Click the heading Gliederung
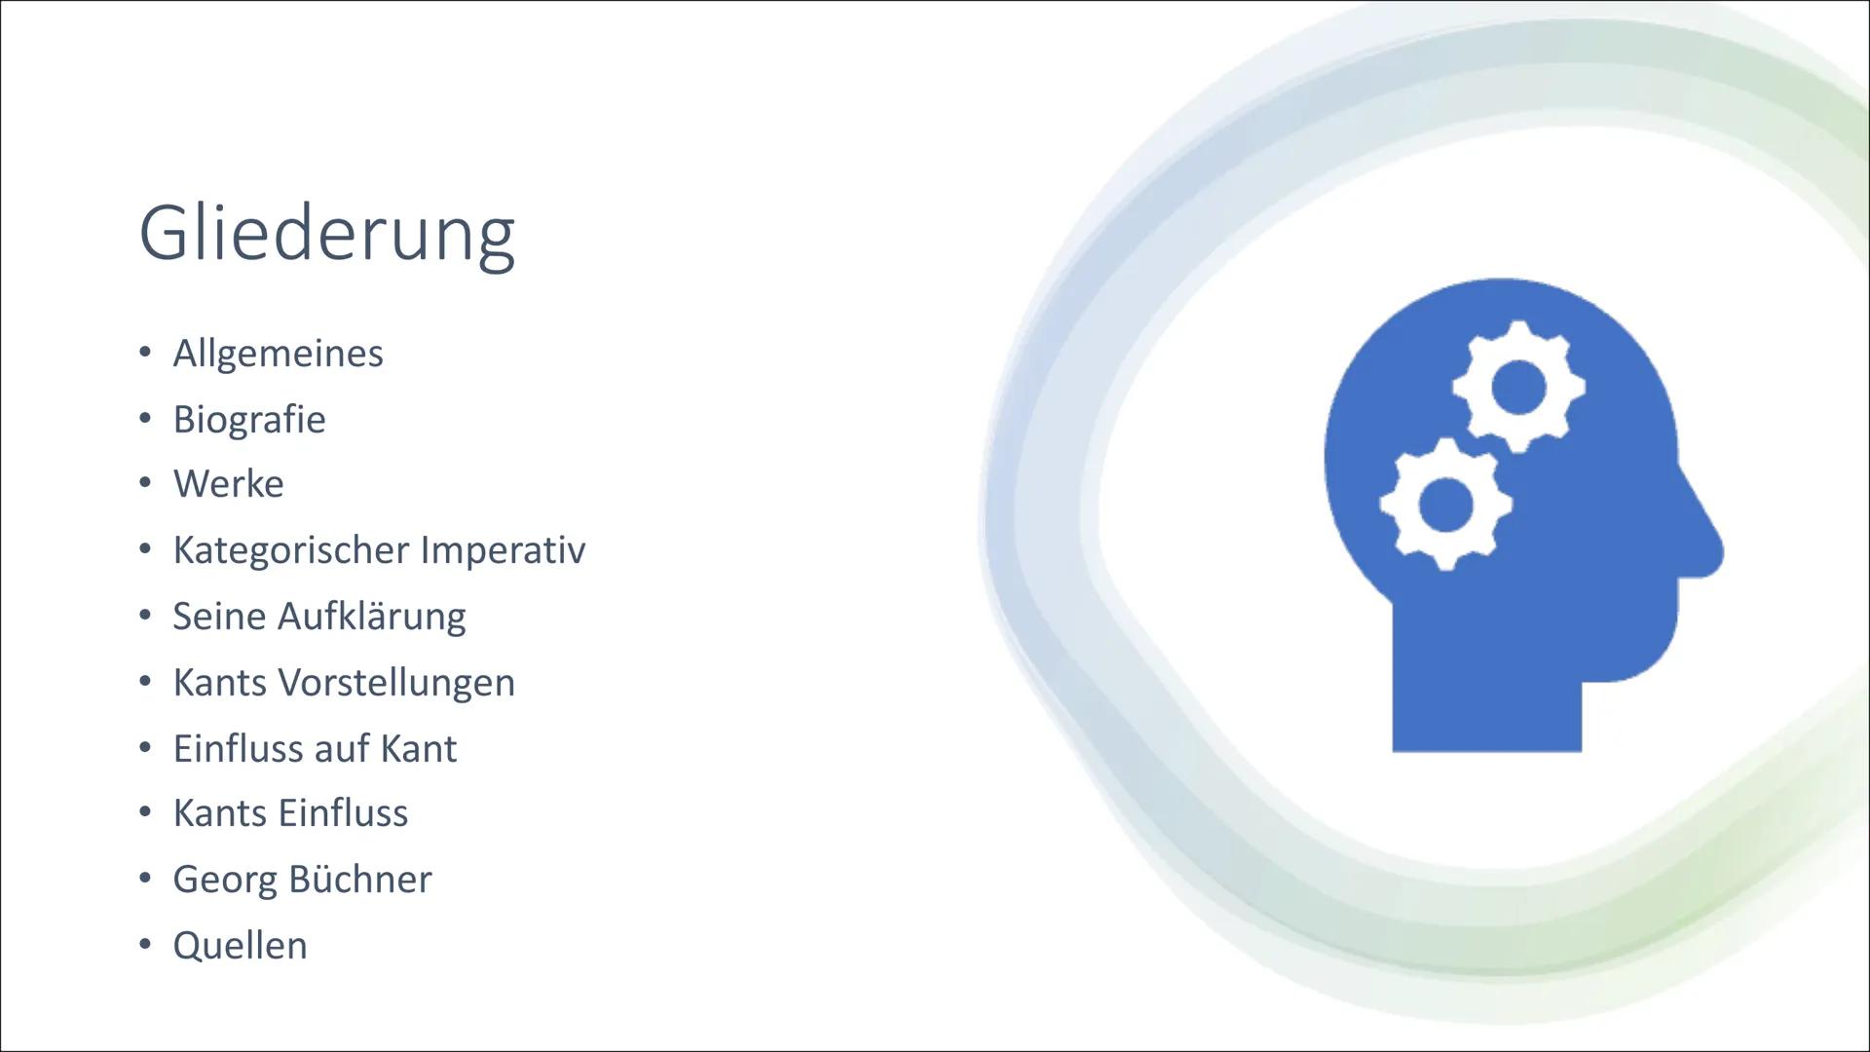pos(327,235)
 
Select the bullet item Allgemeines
pos(279,353)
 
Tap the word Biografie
pos(249,419)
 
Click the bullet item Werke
pos(229,484)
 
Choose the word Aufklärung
pos(372,617)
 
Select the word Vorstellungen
pos(397,682)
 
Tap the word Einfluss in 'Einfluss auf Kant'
pos(233,748)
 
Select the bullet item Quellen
pos(241,945)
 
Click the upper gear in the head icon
pos(1518,387)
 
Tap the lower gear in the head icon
pos(1445,504)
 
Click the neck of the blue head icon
pos(1487,701)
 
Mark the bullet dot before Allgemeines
pos(145,352)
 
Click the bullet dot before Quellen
pos(145,944)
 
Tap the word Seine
pos(220,617)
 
